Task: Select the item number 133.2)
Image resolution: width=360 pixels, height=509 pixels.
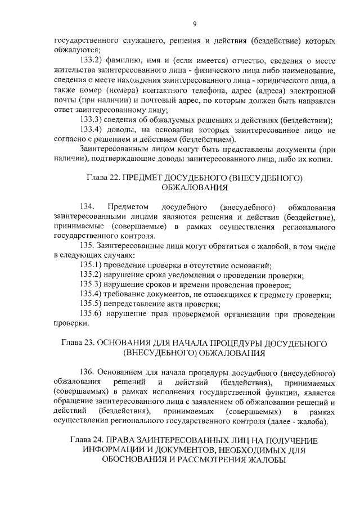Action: coord(91,61)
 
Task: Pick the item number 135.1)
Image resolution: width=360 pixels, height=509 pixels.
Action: coord(91,265)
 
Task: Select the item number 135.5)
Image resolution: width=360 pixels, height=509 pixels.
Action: coord(91,304)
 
